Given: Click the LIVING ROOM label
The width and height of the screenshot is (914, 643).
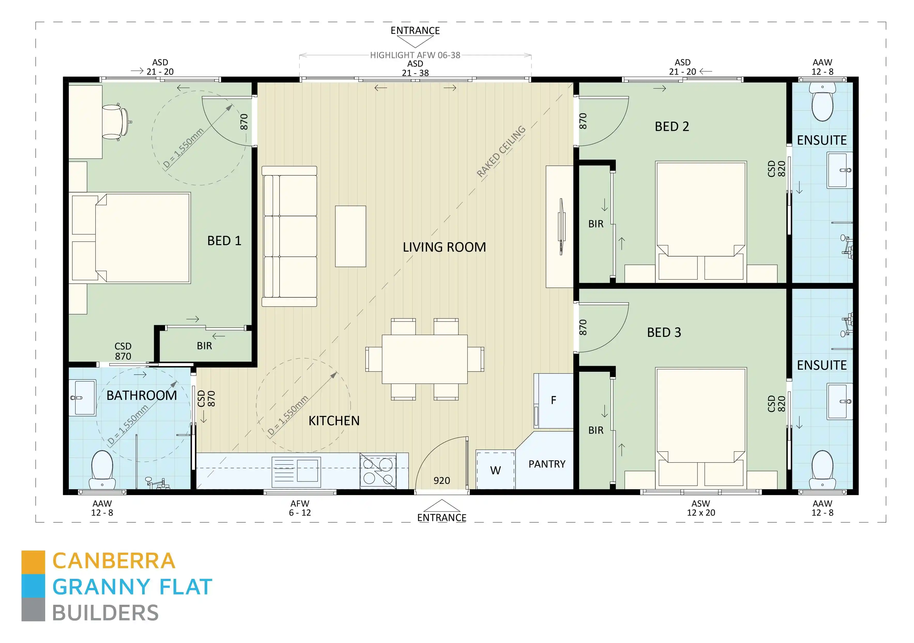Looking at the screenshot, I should tap(444, 247).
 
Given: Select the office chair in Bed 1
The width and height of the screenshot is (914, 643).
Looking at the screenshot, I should tap(115, 122).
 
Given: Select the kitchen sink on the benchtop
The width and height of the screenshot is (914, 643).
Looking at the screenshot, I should tap(307, 470).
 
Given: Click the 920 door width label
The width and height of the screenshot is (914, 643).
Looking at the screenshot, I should tap(441, 480).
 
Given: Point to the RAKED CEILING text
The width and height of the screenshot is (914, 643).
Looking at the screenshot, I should tap(501, 151).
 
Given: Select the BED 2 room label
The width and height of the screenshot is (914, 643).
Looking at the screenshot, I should tap(672, 127).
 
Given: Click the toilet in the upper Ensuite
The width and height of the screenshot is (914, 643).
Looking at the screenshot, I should tap(822, 103).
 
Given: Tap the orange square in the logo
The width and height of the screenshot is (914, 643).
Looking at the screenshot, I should tap(33, 562).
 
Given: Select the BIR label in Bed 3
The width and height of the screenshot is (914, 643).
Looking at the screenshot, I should tap(596, 430).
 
